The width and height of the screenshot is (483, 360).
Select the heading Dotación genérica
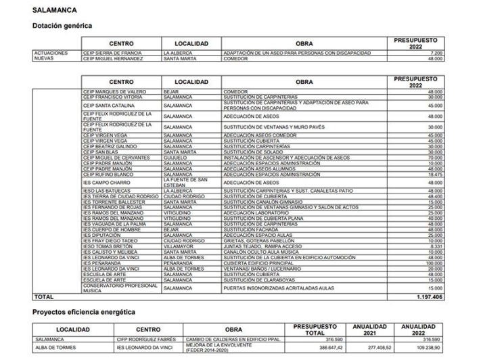coord(62,26)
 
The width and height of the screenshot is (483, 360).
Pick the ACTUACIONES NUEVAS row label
coord(52,55)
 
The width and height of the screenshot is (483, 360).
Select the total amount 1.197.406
coord(430,296)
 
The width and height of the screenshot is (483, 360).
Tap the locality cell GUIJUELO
coord(175,158)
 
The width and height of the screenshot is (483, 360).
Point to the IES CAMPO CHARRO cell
coord(108,182)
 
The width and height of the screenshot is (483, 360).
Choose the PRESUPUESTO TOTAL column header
coord(315,330)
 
